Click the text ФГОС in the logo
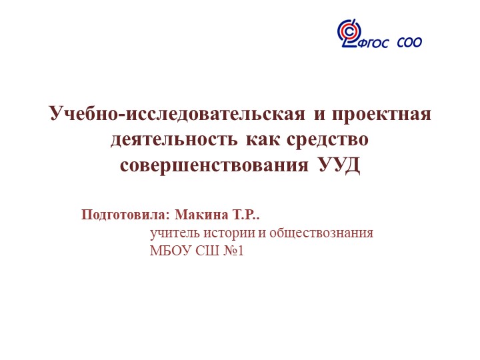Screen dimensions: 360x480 tap(376, 44)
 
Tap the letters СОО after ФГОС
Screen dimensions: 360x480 tap(409, 43)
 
